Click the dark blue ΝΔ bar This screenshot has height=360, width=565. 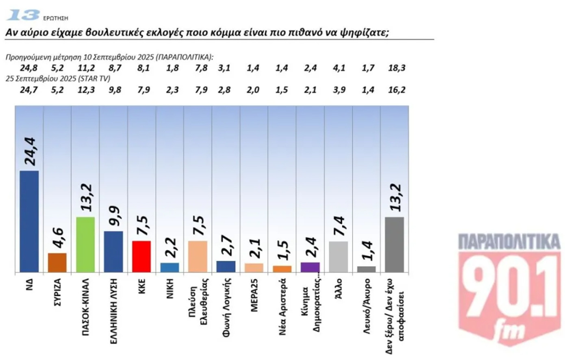29,221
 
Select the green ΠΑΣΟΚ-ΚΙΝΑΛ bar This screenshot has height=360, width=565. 86,244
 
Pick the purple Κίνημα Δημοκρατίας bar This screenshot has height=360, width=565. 310,267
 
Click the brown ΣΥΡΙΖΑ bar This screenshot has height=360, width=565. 57,262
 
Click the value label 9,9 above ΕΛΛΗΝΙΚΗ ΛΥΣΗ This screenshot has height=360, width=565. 113,215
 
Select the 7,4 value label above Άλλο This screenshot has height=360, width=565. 338,226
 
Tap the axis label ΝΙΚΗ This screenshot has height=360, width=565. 170,288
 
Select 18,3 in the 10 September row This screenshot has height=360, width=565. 397,68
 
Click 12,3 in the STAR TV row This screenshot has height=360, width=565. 86,89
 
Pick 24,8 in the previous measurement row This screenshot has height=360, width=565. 29,68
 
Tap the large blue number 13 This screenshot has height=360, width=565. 24,15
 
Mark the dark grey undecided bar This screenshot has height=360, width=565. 394,244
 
